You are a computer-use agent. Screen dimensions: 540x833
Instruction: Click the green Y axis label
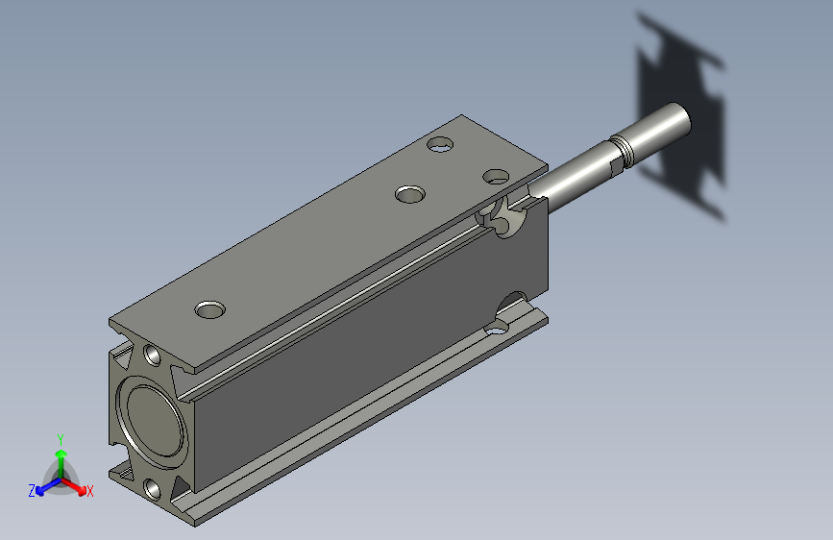pyautogui.click(x=61, y=438)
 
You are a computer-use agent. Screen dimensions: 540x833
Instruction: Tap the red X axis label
pyautogui.click(x=90, y=491)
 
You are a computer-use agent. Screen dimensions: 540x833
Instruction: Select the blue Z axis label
pyautogui.click(x=32, y=490)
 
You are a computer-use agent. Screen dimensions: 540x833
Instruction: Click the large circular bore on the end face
pyautogui.click(x=152, y=419)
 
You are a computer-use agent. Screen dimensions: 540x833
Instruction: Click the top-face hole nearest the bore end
pyautogui.click(x=209, y=310)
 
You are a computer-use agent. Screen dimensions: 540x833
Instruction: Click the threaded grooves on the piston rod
pyautogui.click(x=625, y=151)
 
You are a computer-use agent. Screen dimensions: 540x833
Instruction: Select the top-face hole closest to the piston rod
pyautogui.click(x=496, y=176)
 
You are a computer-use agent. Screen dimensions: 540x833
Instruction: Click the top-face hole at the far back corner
pyautogui.click(x=441, y=145)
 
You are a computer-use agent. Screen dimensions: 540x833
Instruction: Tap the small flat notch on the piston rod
pyautogui.click(x=612, y=165)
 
